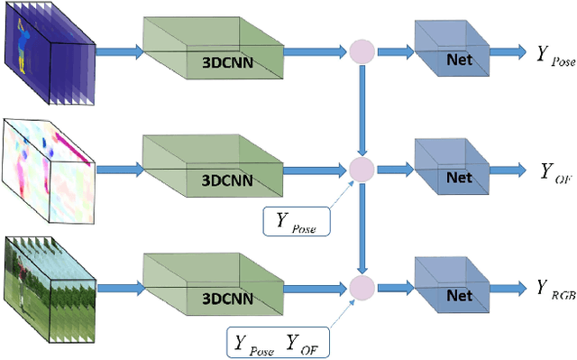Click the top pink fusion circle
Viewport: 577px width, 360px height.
(x=362, y=52)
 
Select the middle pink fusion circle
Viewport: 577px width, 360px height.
(x=362, y=169)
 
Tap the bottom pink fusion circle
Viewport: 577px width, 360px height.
(x=362, y=288)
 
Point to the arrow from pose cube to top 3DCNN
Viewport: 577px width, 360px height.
(x=116, y=52)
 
